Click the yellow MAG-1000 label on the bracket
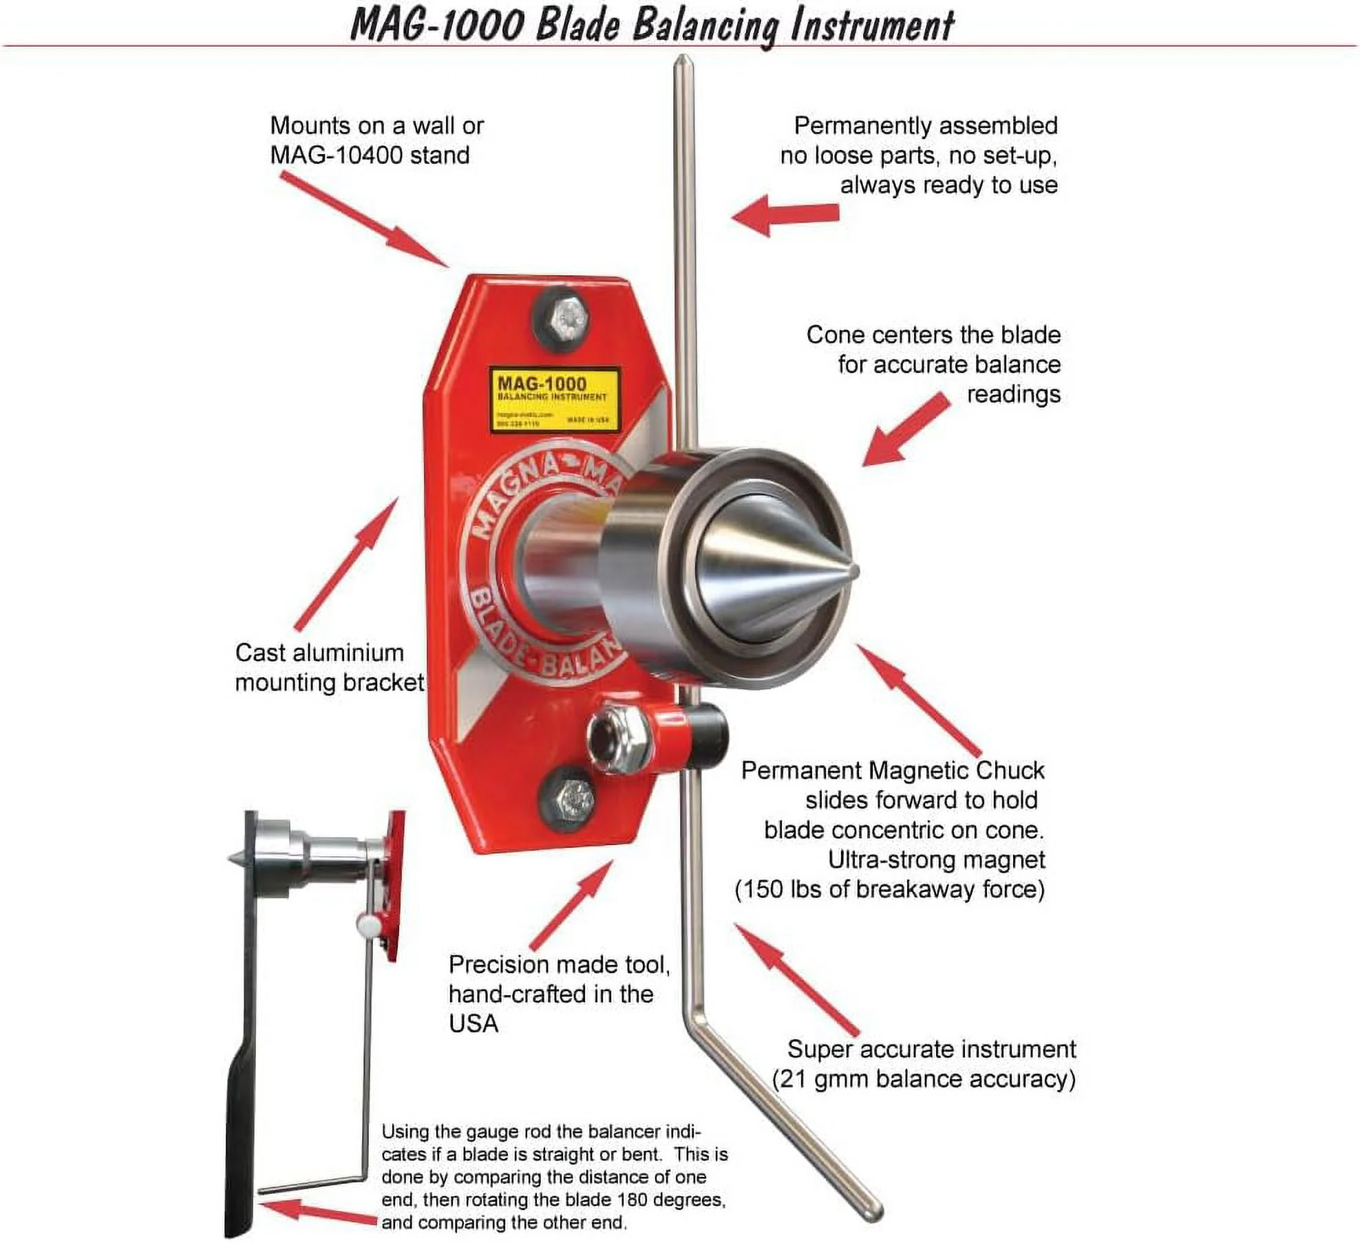tap(554, 399)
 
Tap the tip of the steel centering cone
tap(854, 571)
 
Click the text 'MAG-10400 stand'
tap(370, 155)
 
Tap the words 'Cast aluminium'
tap(319, 652)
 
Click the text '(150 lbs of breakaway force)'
tap(890, 889)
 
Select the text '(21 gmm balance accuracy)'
tap(924, 1079)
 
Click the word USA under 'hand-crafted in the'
tap(474, 1024)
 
